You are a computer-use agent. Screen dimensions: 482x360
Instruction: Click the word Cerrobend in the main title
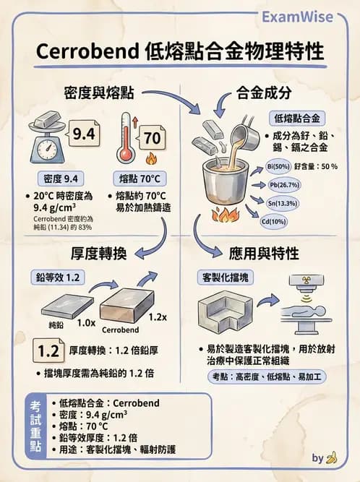80,53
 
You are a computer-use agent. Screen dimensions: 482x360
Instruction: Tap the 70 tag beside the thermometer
153,137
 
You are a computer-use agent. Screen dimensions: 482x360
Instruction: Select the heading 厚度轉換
99,254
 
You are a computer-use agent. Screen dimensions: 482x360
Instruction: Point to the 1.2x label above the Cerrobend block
155,316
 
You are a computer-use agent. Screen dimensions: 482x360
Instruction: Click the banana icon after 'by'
332,457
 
